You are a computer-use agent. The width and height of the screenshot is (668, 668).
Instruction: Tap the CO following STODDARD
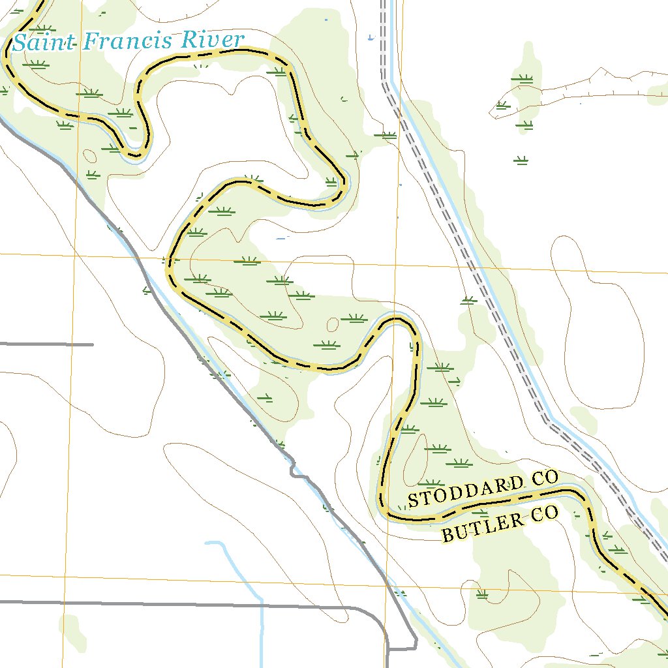(545, 478)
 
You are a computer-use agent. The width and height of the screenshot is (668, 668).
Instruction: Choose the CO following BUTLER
(545, 515)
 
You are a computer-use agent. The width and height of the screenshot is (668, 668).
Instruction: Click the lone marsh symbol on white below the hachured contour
(521, 160)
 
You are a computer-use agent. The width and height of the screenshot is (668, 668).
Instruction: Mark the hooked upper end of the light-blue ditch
(207, 542)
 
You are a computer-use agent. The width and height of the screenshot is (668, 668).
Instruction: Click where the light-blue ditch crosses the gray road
(262, 605)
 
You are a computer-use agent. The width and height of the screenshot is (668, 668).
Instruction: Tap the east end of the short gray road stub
(92, 344)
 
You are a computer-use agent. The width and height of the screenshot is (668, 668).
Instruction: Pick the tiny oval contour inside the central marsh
(333, 324)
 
